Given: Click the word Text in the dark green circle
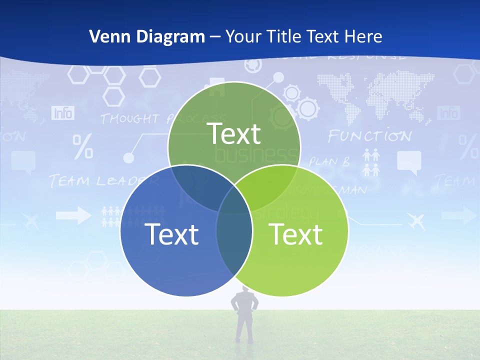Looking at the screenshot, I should pos(234,133).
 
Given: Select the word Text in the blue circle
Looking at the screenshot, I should pos(171,234).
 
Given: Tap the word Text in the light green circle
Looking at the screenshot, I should pos(295,234).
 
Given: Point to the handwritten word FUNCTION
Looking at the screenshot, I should pos(370,136).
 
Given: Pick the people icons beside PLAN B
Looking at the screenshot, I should pos(371,163).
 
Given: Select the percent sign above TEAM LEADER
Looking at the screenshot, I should pos(83,147).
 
